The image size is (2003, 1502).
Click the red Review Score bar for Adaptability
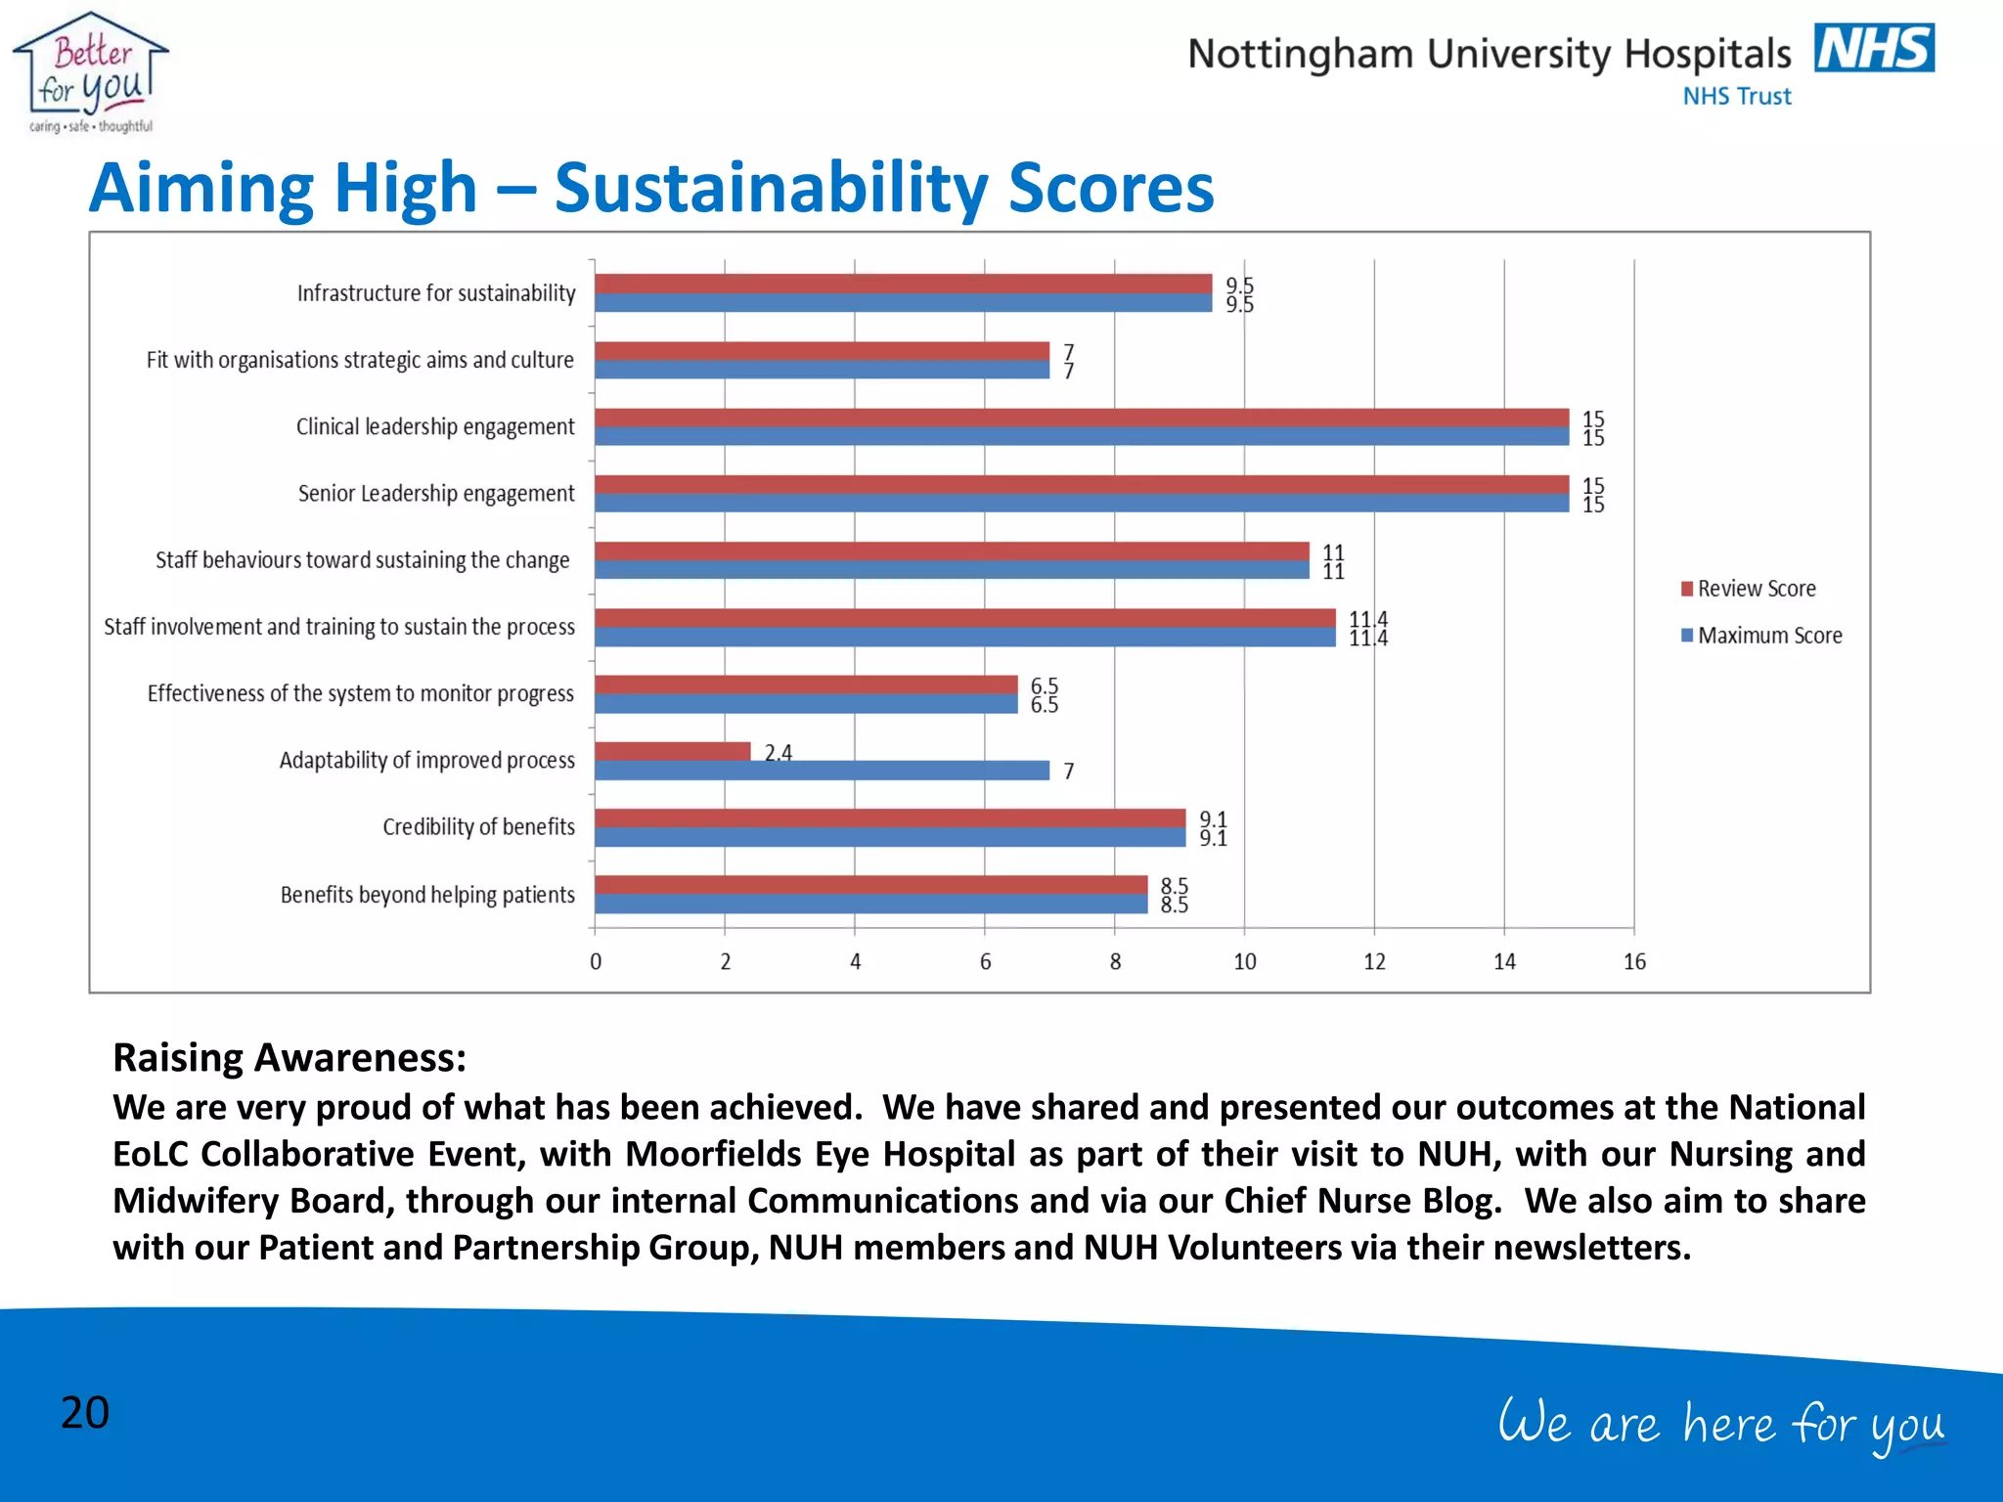672,751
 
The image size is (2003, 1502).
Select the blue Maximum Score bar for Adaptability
822,771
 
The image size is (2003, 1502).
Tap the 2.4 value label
779,753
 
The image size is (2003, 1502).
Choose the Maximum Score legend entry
1761,636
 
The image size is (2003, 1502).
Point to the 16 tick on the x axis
1634,962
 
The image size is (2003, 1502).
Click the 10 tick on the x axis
1244,962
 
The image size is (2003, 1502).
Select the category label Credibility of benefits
478,827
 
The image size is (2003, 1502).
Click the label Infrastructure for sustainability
436,293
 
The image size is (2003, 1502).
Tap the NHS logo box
1874,49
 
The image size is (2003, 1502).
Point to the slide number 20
85,1413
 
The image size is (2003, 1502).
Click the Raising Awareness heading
289,1058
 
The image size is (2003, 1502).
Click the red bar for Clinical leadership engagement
1081,418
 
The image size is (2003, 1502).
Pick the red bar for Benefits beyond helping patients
870,885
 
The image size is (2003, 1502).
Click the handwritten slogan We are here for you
1721,1424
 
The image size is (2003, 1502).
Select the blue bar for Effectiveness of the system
806,704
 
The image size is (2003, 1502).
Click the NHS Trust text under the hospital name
1737,97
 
